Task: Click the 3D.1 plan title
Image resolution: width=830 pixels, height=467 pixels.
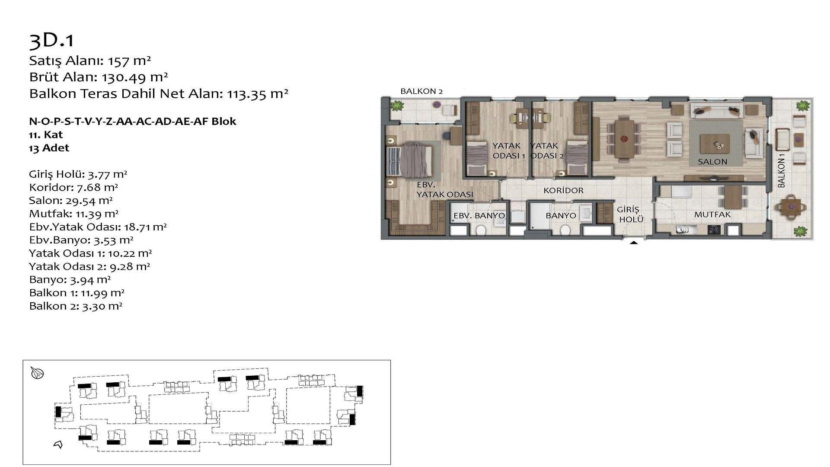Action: click(51, 40)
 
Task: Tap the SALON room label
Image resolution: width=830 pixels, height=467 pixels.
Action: click(712, 162)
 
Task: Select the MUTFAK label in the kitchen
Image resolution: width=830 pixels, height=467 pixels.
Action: click(712, 214)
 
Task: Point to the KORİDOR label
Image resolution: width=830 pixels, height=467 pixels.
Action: click(563, 190)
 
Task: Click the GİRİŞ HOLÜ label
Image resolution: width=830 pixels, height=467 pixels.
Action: click(629, 214)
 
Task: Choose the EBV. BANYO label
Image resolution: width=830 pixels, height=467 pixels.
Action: click(479, 215)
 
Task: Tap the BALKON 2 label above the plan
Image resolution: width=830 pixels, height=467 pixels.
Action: click(421, 91)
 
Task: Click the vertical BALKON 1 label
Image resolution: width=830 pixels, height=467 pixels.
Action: click(781, 173)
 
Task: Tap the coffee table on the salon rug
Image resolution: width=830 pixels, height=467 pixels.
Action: click(715, 143)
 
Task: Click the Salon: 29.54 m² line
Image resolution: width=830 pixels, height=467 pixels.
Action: click(71, 201)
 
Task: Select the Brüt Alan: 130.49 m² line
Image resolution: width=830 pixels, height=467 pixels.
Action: click(99, 77)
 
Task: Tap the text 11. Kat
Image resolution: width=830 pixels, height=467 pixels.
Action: click(46, 134)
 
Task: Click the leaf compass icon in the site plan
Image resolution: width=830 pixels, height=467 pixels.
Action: click(38, 373)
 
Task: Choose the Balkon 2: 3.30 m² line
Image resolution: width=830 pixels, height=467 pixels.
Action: click(76, 306)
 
